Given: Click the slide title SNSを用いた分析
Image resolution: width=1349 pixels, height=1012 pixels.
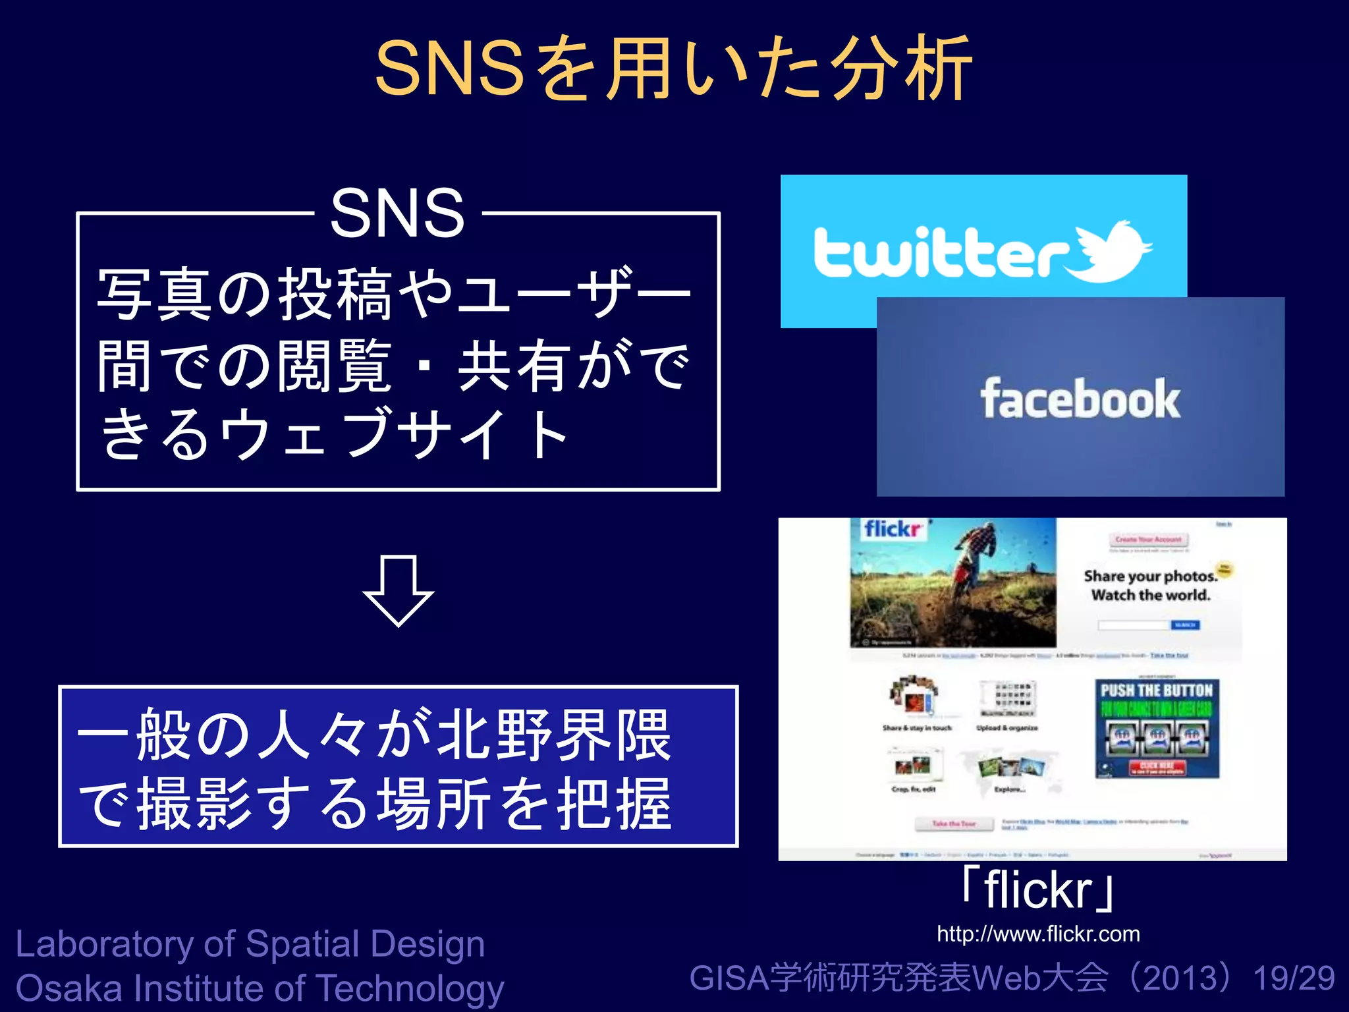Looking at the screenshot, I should click(673, 69).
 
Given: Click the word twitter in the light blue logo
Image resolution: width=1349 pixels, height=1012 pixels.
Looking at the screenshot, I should click(942, 253).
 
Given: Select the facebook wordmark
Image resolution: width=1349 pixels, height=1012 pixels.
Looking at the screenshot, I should click(1080, 399).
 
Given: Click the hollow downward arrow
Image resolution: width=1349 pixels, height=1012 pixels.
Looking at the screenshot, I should click(398, 590).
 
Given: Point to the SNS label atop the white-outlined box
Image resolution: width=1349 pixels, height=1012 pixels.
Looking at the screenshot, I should click(397, 213).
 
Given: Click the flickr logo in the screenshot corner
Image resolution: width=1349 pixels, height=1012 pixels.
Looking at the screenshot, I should click(893, 529).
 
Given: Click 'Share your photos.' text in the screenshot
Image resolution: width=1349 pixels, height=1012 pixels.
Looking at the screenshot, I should click(1149, 576).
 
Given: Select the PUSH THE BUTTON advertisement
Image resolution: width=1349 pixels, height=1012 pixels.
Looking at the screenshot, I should click(1157, 729).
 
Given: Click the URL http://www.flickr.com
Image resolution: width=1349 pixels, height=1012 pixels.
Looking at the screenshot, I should click(1038, 934).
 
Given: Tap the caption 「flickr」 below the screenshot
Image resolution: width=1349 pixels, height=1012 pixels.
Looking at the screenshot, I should click(1038, 889).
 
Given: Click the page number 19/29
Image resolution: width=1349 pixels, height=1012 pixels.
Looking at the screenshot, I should click(1294, 978).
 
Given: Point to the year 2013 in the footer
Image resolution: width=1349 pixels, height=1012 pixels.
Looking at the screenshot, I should click(1183, 978).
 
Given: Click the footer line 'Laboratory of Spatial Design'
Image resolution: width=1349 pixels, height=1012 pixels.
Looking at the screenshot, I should click(250, 944).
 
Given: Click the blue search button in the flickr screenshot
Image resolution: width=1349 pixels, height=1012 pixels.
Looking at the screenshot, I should click(1185, 625).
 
